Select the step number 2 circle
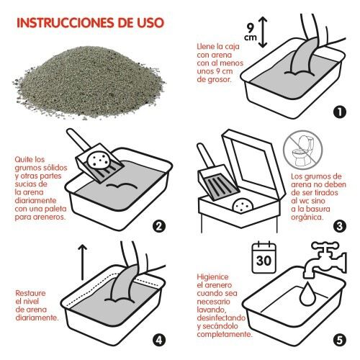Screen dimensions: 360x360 click(x=160, y=225)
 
